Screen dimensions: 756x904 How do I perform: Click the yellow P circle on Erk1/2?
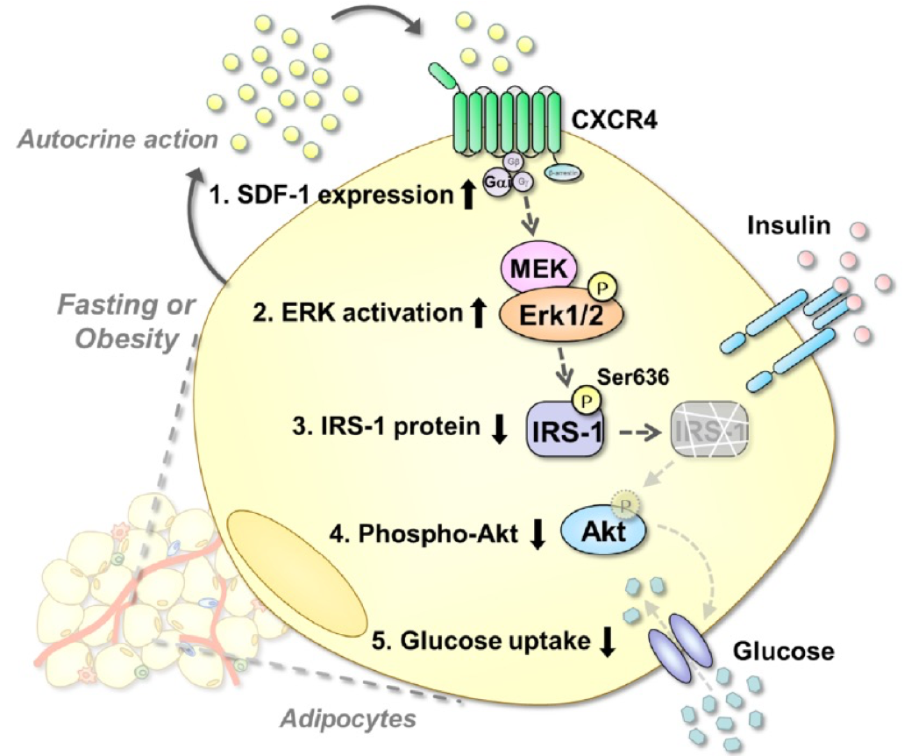[x=602, y=287]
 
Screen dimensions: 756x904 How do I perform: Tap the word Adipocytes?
[x=348, y=719]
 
